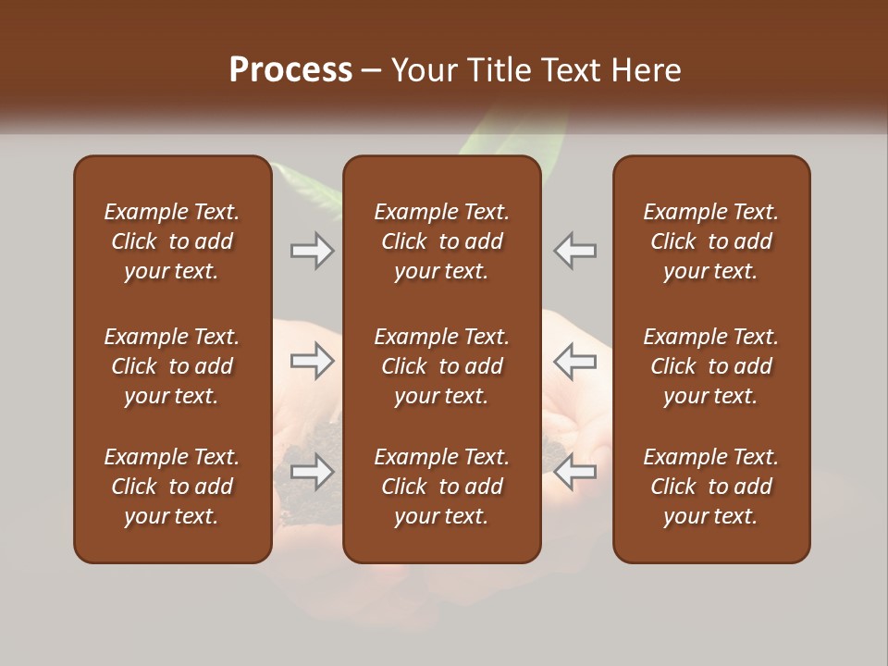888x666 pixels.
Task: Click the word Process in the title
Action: (290, 70)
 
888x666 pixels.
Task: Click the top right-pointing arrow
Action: (313, 250)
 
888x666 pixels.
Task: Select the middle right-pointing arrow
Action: (313, 361)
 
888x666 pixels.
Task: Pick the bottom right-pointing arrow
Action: (313, 472)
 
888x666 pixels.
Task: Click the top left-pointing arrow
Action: (574, 250)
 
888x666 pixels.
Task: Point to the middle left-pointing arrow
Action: (574, 361)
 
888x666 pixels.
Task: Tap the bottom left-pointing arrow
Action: (574, 472)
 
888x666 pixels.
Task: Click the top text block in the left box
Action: (172, 241)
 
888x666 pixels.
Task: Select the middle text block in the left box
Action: (172, 366)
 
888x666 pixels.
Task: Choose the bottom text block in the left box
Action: (172, 487)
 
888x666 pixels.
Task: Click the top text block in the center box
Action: (441, 241)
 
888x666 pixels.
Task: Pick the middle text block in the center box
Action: (441, 366)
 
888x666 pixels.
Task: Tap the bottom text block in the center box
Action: (441, 487)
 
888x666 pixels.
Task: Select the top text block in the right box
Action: (710, 241)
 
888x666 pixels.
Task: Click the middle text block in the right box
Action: (710, 366)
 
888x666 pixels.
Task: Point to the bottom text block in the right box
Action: (710, 487)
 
